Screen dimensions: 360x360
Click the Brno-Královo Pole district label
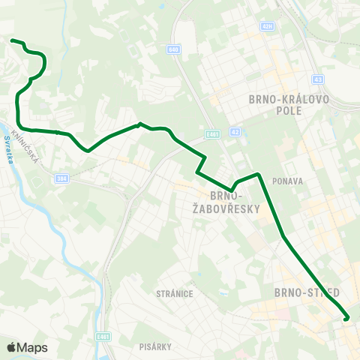[x=278, y=103]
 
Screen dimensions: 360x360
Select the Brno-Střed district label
[x=308, y=291]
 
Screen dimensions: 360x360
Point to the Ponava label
[x=287, y=181]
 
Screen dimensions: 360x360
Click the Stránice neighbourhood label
[x=176, y=293]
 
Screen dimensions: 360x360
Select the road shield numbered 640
[x=174, y=49]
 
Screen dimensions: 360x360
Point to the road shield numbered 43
[x=318, y=79]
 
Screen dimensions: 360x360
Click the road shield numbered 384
[x=61, y=178]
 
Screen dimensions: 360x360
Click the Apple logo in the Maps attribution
[x=12, y=347]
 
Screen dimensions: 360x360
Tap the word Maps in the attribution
[x=32, y=347]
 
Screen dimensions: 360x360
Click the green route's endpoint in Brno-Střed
[x=346, y=318]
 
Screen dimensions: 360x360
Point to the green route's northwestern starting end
[x=11, y=40]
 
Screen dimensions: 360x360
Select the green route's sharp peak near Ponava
[x=258, y=174]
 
